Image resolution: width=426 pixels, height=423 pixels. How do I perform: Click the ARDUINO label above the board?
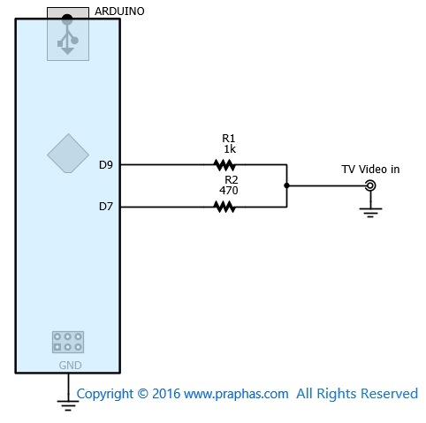119,11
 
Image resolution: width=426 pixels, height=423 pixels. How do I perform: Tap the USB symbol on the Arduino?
67,34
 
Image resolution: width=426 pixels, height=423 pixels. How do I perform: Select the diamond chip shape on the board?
68,154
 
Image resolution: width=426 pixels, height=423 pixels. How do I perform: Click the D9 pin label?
106,165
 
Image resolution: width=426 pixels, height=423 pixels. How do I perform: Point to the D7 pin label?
106,207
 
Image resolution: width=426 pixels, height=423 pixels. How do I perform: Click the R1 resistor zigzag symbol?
224,165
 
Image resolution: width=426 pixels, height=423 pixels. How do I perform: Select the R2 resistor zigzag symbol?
224,207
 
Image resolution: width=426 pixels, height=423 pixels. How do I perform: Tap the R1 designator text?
229,138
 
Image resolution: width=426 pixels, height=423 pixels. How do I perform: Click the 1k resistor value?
230,149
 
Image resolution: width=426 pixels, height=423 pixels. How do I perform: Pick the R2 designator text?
232,179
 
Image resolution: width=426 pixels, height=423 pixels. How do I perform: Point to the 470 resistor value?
229,191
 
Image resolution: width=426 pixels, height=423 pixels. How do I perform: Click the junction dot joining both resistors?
286,185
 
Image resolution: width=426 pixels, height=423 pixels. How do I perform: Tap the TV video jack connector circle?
370,185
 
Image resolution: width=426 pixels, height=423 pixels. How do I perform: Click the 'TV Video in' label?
370,170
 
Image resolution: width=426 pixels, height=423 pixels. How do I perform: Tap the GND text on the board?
70,366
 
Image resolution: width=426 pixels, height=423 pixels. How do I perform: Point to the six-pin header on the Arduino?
68,342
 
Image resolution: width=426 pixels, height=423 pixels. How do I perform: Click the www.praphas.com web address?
236,394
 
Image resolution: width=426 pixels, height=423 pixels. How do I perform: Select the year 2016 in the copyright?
166,394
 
